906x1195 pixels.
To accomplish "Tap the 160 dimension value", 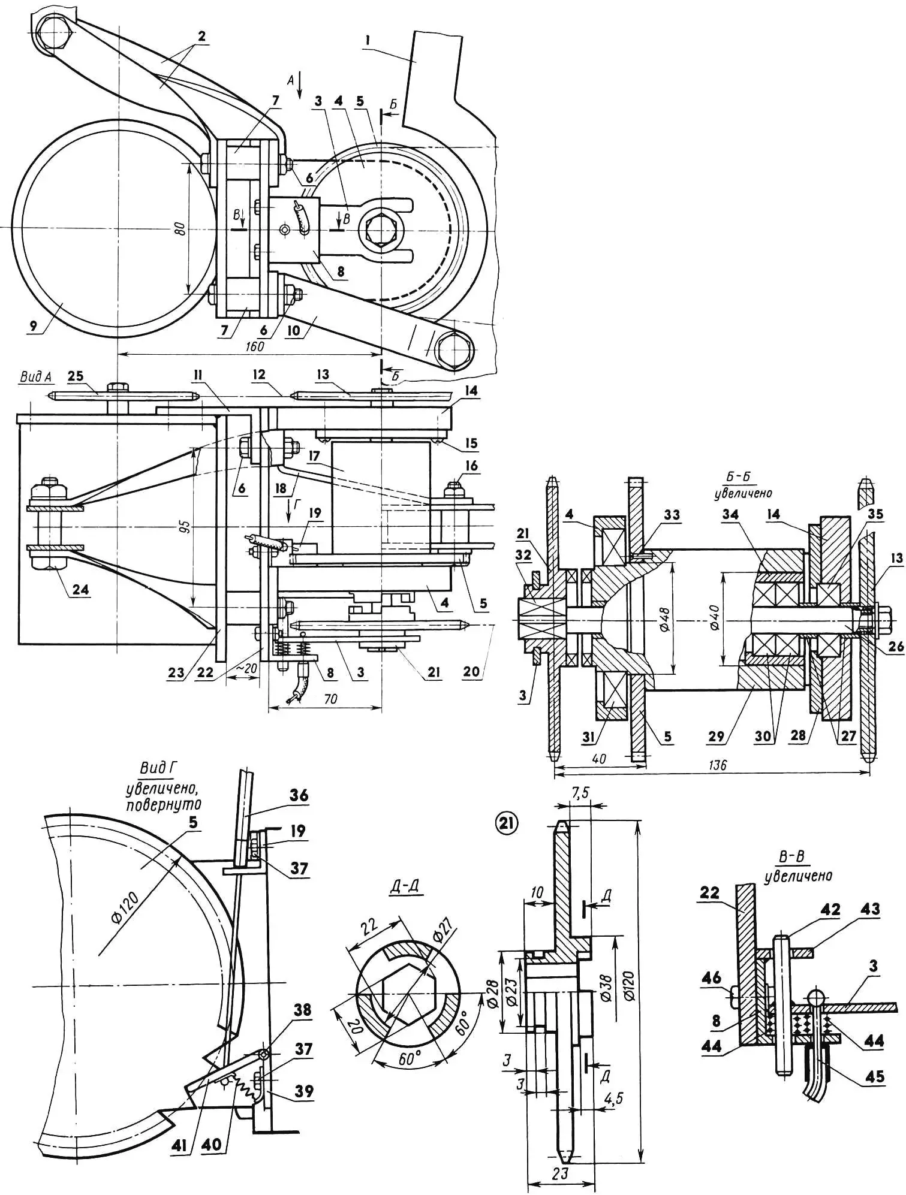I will pos(255,346).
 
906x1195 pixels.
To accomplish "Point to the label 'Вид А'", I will pos(35,377).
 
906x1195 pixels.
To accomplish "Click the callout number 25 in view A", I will pos(76,376).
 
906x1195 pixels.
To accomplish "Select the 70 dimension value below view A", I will pos(329,699).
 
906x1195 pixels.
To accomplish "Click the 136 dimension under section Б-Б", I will pos(716,765).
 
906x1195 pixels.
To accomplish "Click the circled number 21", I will pos(505,824).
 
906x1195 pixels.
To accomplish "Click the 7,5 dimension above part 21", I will pos(580,793).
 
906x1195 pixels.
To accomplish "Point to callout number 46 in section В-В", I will pos(712,979).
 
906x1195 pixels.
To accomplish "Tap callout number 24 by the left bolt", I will pos(80,589).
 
